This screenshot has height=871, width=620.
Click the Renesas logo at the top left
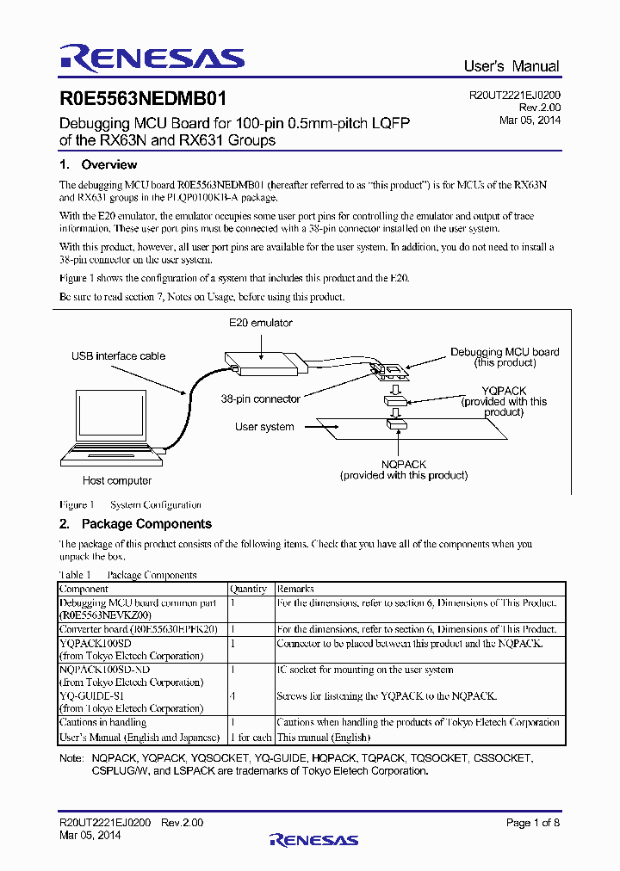tap(152, 58)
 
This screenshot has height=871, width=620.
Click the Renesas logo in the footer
tap(313, 839)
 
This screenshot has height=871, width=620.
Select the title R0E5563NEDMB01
tap(143, 100)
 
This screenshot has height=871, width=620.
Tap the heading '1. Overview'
tap(98, 164)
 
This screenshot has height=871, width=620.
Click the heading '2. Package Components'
tap(135, 523)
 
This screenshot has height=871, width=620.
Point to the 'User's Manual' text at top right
tap(511, 66)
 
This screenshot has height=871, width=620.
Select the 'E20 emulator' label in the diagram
tap(260, 323)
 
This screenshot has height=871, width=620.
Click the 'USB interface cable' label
tap(116, 355)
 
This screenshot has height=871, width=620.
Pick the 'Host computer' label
tap(117, 480)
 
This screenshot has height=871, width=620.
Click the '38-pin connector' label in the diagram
tap(260, 398)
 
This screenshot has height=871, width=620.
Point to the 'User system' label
tap(264, 427)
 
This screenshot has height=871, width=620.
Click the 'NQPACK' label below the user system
tap(404, 464)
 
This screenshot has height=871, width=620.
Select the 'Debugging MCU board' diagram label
tap(505, 352)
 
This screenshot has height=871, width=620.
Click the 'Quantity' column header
tap(248, 589)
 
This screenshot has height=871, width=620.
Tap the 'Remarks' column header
tap(295, 589)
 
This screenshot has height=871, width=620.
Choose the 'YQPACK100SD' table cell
tap(95, 643)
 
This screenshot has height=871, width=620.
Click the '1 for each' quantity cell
tap(251, 738)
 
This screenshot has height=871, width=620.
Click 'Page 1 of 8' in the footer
tap(533, 823)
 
